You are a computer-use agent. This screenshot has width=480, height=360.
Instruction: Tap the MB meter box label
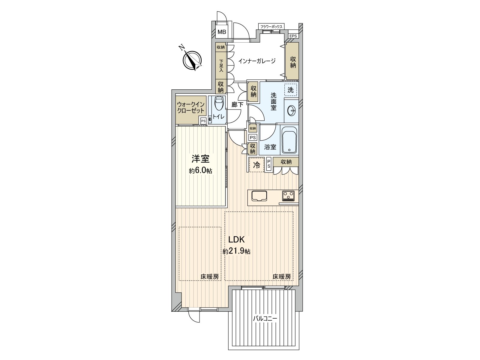[222, 32]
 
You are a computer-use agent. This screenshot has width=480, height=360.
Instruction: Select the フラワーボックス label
[271, 27]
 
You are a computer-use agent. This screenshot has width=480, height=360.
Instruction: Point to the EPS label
[293, 36]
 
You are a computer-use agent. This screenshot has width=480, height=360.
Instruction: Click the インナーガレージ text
[257, 61]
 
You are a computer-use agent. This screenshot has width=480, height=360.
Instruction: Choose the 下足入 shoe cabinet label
[221, 66]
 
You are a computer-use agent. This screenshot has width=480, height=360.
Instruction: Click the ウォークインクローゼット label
[191, 107]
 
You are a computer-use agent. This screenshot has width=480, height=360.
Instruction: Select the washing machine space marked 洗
[290, 90]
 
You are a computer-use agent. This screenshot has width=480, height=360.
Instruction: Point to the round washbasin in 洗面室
[292, 111]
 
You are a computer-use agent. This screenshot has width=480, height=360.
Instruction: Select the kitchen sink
[259, 196]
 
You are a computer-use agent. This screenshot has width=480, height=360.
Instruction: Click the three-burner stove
[289, 196]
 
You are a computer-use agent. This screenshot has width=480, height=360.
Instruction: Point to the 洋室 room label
[200, 158]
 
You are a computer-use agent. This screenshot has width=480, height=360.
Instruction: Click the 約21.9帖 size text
[236, 251]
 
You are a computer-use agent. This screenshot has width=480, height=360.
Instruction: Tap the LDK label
[237, 239]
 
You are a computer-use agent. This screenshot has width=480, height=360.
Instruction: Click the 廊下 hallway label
[238, 105]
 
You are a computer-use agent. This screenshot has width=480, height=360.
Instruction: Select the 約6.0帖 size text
[200, 171]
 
